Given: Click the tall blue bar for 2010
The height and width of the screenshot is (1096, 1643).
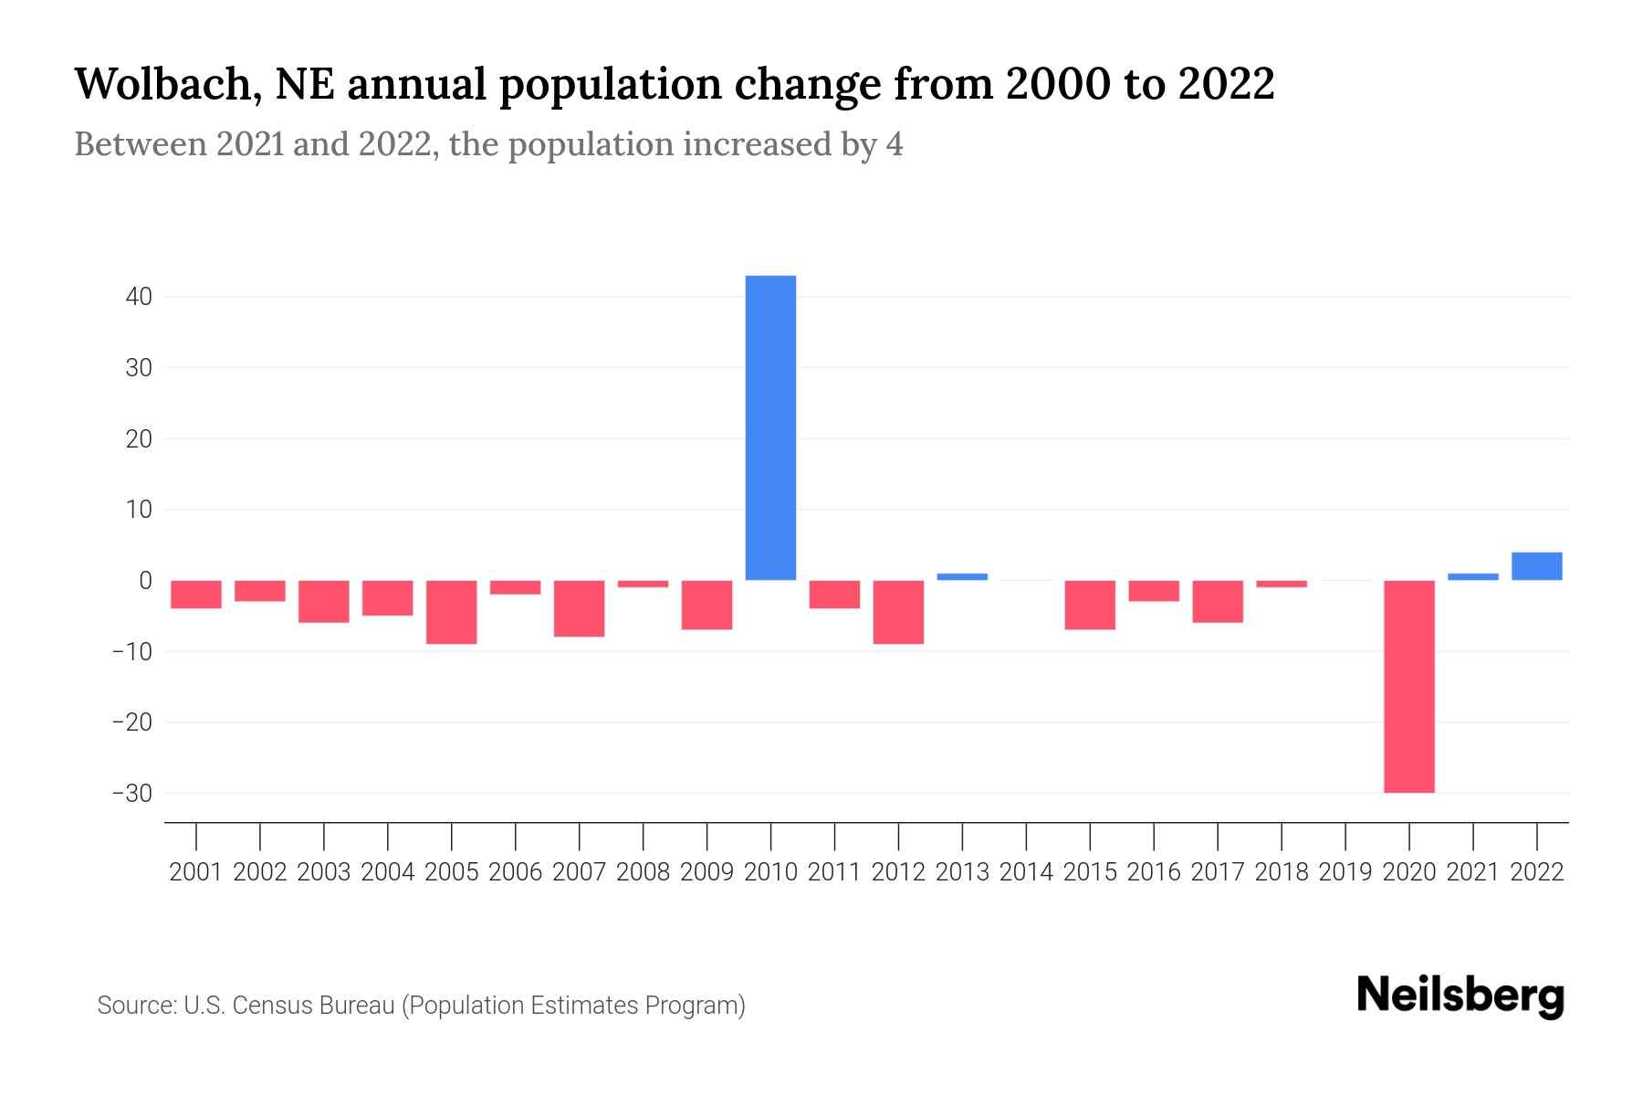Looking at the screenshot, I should pyautogui.click(x=770, y=427).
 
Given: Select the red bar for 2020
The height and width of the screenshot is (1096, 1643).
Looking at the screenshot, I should pyautogui.click(x=1408, y=686).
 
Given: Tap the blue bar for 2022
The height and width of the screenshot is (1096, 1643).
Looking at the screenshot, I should pyautogui.click(x=1536, y=566).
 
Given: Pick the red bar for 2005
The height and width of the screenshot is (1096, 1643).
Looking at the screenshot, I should pyautogui.click(x=451, y=612).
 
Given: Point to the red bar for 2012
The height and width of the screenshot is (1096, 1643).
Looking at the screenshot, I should pyautogui.click(x=898, y=612).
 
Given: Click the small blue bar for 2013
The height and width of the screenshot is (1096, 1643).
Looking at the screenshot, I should pyautogui.click(x=962, y=576).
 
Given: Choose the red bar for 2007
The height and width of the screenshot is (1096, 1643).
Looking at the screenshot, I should pyautogui.click(x=579, y=608).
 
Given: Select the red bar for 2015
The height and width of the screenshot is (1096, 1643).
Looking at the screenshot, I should pyautogui.click(x=1090, y=605).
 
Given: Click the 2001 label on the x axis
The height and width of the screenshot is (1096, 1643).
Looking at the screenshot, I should pyautogui.click(x=196, y=872).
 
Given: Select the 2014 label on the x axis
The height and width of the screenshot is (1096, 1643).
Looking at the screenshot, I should pyautogui.click(x=1026, y=872).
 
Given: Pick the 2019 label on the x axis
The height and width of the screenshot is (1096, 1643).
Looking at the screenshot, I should pyautogui.click(x=1345, y=872).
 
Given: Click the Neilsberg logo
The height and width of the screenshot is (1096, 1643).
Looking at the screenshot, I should pyautogui.click(x=1460, y=996).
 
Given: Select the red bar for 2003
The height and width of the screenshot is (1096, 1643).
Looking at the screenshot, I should pyautogui.click(x=324, y=601).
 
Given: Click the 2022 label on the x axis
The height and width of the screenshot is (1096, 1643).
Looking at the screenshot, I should pyautogui.click(x=1536, y=872).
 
